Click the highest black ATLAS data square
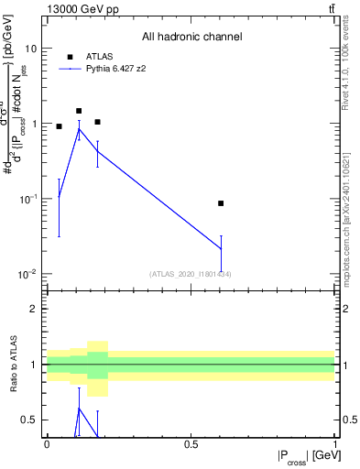tap(79, 111)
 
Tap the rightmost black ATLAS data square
tap(221, 203)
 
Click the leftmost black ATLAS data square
tap(59, 126)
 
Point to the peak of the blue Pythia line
tap(79, 129)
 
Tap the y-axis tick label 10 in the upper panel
tap(30, 48)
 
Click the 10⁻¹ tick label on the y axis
tap(27, 199)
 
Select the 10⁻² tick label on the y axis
tap(27, 275)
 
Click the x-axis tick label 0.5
tap(191, 442)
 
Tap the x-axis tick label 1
tap(334, 442)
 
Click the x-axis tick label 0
tap(47, 442)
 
